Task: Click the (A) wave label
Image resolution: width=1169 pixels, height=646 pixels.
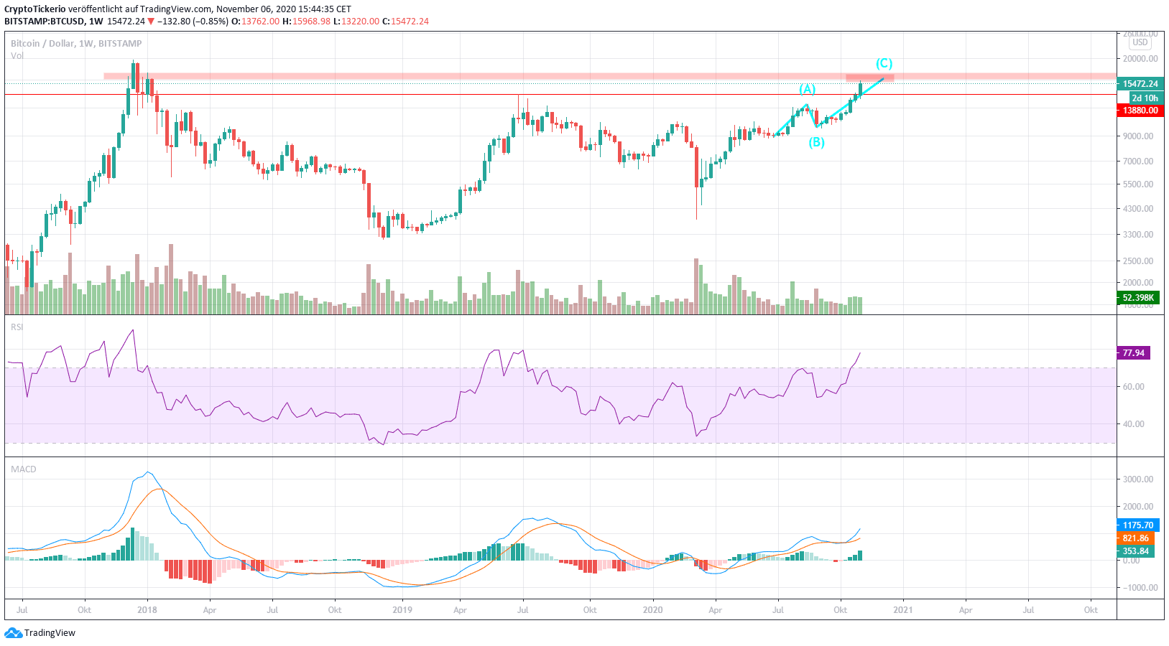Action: [808, 89]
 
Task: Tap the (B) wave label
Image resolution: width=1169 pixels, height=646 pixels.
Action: [816, 142]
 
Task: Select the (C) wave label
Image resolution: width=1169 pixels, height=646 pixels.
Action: [884, 63]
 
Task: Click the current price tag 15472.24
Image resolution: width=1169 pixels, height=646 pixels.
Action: [1140, 84]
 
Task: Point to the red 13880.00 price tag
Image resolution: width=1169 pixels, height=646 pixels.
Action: [1140, 111]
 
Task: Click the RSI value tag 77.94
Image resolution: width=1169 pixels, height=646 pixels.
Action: [1134, 353]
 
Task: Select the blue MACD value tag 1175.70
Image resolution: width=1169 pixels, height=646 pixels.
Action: [1137, 525]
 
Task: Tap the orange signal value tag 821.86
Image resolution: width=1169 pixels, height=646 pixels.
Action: [1135, 538]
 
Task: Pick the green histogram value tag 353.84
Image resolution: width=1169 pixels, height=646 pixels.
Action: [1135, 551]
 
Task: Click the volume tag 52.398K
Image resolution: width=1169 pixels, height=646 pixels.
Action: [1138, 298]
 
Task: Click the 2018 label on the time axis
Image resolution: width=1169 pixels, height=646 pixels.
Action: [147, 610]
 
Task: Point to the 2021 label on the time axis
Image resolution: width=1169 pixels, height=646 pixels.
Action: [902, 610]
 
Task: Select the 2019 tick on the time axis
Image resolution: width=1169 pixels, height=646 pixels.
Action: [402, 610]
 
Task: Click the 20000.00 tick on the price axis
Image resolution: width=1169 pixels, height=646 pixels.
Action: [1140, 59]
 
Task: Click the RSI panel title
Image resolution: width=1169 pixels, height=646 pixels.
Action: [17, 327]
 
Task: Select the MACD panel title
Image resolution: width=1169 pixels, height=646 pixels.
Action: [23, 469]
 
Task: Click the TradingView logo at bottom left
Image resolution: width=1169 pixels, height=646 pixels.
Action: [40, 633]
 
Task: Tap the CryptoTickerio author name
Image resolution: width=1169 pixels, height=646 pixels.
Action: [35, 9]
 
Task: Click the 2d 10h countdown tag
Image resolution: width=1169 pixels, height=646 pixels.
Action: [1145, 98]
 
